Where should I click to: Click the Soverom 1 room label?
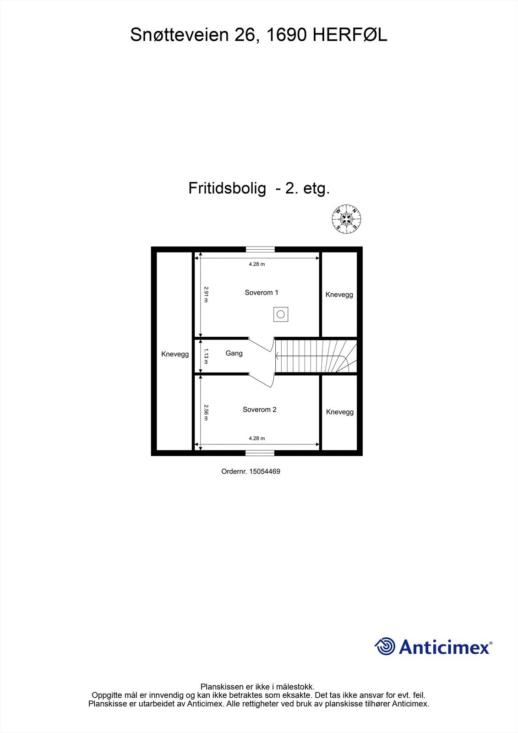tap(262, 293)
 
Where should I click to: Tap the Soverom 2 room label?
tap(260, 410)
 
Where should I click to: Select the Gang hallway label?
tap(234, 353)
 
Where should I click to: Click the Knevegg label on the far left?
tap(175, 354)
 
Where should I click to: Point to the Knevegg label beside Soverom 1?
tap(339, 295)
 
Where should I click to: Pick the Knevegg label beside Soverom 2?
tap(340, 412)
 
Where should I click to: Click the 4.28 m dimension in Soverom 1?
tap(256, 264)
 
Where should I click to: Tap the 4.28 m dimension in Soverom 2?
tap(256, 438)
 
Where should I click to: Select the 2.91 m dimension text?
tap(206, 294)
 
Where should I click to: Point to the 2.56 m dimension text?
tap(206, 412)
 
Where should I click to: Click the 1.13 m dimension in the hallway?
tap(206, 356)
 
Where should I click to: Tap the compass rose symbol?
tap(347, 219)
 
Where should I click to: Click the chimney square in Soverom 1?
tap(281, 314)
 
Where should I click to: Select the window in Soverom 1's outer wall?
tap(260, 250)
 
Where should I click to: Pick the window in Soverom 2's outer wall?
tap(260, 453)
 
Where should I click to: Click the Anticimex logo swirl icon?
tap(385, 647)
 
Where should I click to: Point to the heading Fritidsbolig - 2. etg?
tap(259, 188)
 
